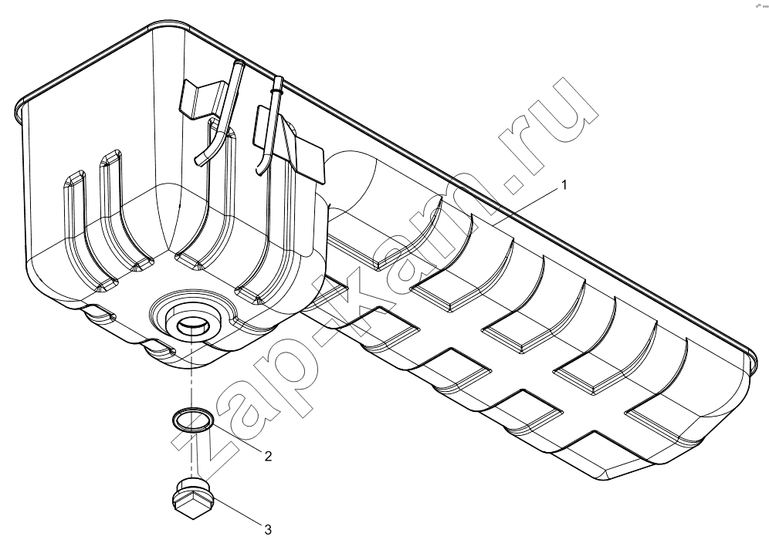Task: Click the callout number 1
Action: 564,185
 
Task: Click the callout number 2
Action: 268,457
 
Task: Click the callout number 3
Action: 267,530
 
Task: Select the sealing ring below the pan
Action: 193,420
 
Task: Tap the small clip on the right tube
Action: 278,91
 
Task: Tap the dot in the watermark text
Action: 514,186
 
